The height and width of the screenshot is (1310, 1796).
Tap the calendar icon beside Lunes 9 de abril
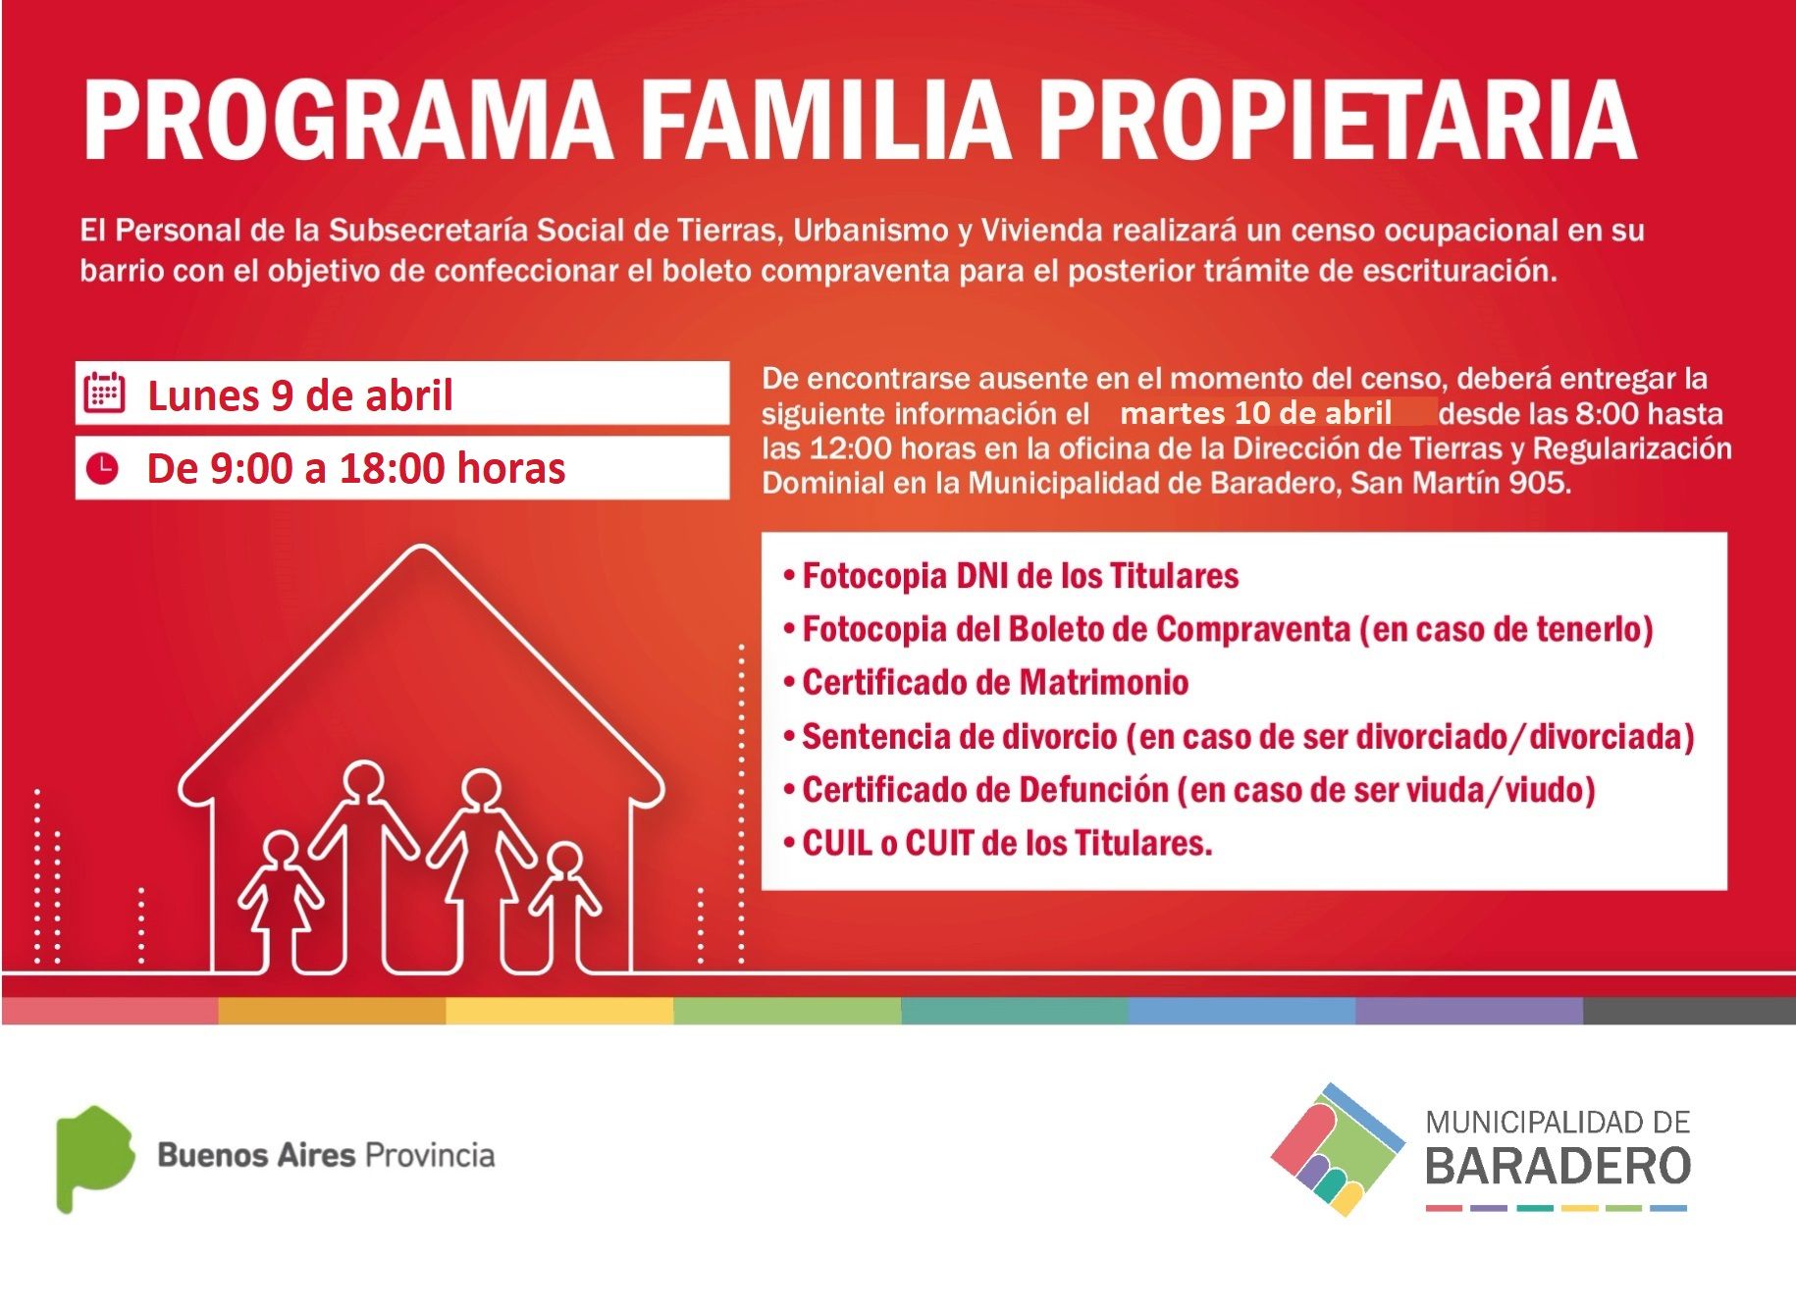[x=103, y=393]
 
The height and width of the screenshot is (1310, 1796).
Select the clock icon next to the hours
[x=102, y=468]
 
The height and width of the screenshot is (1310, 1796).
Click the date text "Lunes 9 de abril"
[x=299, y=395]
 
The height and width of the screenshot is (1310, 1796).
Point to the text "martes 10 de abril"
[x=1255, y=413]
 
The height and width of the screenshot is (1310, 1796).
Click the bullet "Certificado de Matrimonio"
[x=986, y=682]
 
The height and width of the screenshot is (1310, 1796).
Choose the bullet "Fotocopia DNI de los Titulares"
[x=1011, y=575]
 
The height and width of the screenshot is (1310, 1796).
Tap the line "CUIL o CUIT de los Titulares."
[x=998, y=843]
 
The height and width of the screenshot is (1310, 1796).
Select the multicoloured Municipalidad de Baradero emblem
[x=1338, y=1149]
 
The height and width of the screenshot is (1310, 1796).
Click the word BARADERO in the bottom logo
[x=1558, y=1166]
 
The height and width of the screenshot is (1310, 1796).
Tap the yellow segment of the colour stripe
[x=559, y=1011]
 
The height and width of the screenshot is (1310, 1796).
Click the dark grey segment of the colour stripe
[x=1689, y=1011]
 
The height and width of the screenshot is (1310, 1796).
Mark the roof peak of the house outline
[x=421, y=548]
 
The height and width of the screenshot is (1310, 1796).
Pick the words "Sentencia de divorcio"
[x=960, y=736]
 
